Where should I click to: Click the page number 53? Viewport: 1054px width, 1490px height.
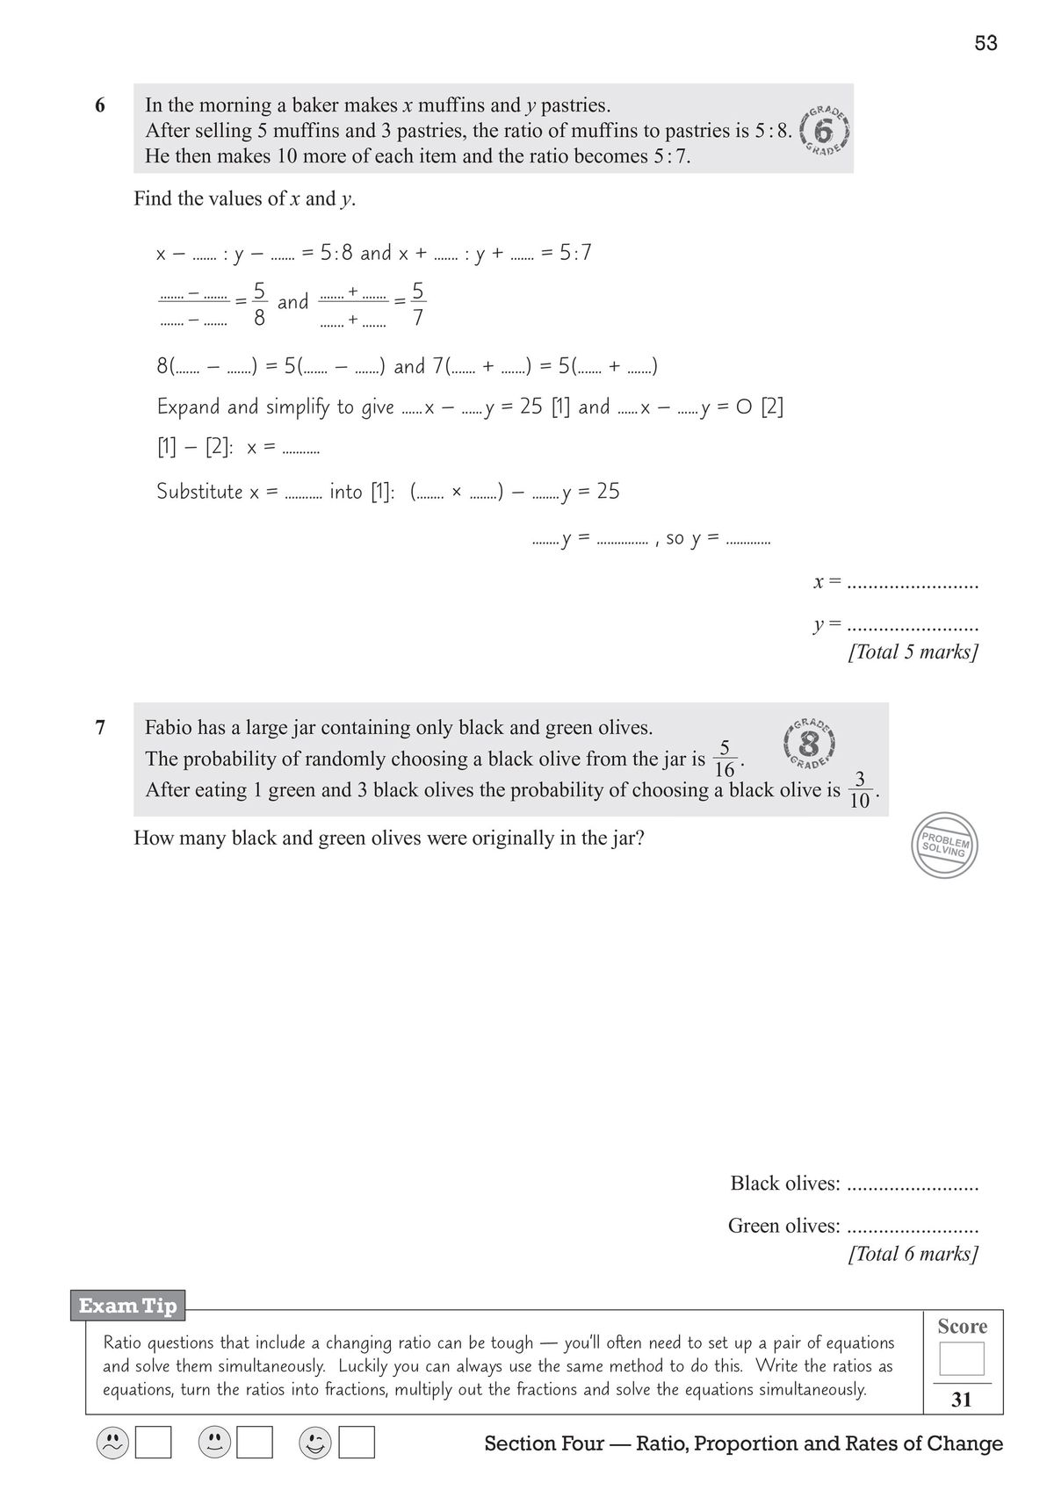pyautogui.click(x=985, y=43)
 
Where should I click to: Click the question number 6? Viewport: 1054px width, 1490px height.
pyautogui.click(x=99, y=105)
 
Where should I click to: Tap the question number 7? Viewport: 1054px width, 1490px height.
pyautogui.click(x=99, y=727)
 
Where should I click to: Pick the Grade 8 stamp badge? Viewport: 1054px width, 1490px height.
pyautogui.click(x=809, y=743)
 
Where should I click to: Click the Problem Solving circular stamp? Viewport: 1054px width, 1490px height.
pyautogui.click(x=944, y=846)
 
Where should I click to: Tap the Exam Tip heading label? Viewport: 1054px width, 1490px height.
pyautogui.click(x=128, y=1306)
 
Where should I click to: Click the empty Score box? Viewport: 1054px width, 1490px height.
pyautogui.click(x=962, y=1358)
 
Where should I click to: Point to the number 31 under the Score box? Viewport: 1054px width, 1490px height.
pyautogui.click(x=962, y=1400)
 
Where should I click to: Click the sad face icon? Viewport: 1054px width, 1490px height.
pyautogui.click(x=112, y=1442)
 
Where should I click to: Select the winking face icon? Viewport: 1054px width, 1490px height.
pyautogui.click(x=315, y=1442)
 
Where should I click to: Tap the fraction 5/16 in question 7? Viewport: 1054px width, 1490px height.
pyautogui.click(x=725, y=759)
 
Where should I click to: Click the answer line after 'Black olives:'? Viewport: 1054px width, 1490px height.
pyautogui.click(x=913, y=1185)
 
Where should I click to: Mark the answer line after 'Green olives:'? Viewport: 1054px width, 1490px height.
pyautogui.click(x=913, y=1227)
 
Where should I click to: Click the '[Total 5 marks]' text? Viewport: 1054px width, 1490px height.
pyautogui.click(x=913, y=652)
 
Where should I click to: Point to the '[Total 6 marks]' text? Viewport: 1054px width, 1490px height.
pyautogui.click(x=913, y=1254)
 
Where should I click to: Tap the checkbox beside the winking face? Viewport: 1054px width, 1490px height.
pyautogui.click(x=357, y=1442)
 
